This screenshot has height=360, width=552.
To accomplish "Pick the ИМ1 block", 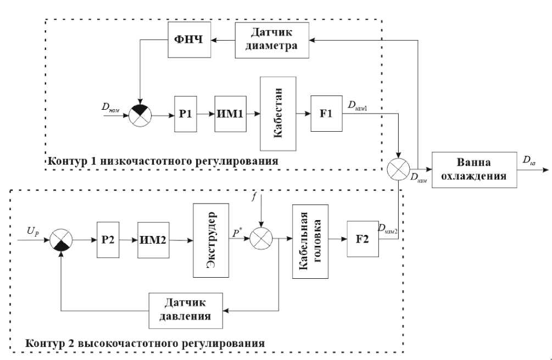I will point(231,115).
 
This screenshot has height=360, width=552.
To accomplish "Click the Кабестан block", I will point(278,114).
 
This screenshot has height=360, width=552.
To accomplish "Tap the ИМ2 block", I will point(153,239).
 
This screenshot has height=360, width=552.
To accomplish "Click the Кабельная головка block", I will point(310,240).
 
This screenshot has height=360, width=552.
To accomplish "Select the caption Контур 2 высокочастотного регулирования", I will point(145,343).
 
